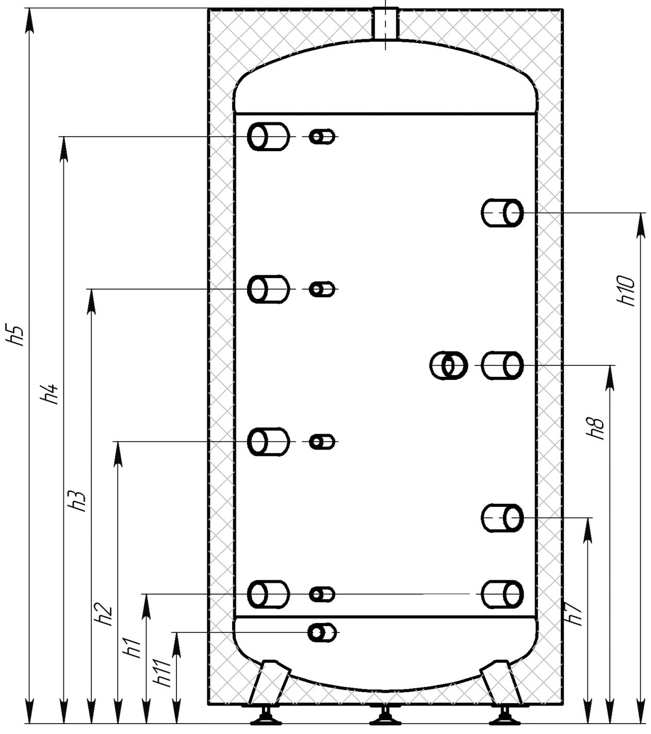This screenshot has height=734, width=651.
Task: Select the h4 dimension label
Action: [x=49, y=394]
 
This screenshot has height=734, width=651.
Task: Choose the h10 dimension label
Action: [x=626, y=291]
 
